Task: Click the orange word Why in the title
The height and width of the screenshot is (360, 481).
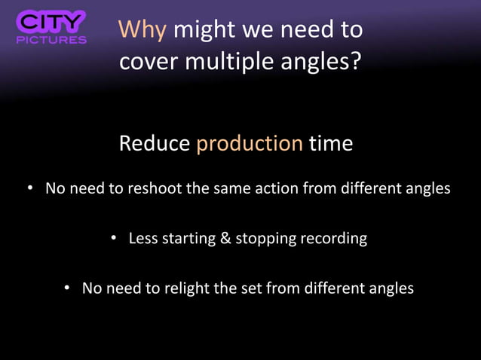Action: pyautogui.click(x=144, y=30)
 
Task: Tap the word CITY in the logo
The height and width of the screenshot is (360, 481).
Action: pyautogui.click(x=51, y=22)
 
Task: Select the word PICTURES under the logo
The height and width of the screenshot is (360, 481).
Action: pyautogui.click(x=51, y=39)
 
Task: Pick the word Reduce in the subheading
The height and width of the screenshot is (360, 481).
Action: pyautogui.click(x=155, y=143)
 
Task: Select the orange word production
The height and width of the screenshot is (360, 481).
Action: pyautogui.click(x=250, y=143)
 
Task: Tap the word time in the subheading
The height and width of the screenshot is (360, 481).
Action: pyautogui.click(x=331, y=143)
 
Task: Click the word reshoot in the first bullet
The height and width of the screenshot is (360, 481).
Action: pyautogui.click(x=155, y=188)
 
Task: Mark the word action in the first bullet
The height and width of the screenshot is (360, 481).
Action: pyautogui.click(x=271, y=188)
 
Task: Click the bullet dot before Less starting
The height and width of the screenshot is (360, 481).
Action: pyautogui.click(x=114, y=239)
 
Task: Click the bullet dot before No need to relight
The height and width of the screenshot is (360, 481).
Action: pyautogui.click(x=67, y=288)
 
